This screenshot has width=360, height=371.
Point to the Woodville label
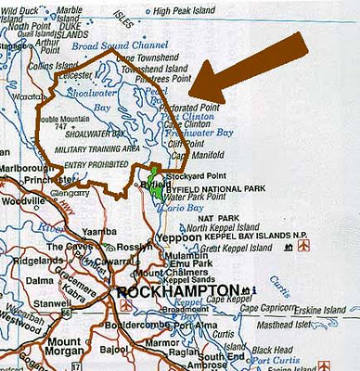[21, 199]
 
